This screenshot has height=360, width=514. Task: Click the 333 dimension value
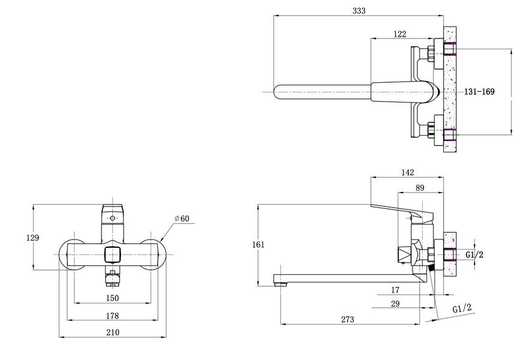(x=359, y=11)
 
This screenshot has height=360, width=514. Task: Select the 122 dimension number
(x=399, y=34)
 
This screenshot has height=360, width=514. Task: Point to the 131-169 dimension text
(x=479, y=92)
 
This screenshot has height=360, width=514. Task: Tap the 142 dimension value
(x=408, y=172)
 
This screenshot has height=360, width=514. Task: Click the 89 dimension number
(x=420, y=188)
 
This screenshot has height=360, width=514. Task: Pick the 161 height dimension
(x=258, y=244)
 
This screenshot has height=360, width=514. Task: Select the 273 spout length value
(x=348, y=319)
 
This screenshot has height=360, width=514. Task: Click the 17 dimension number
(x=395, y=290)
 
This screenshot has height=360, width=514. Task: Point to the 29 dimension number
(x=395, y=304)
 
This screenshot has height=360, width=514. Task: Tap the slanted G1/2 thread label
(x=462, y=308)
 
